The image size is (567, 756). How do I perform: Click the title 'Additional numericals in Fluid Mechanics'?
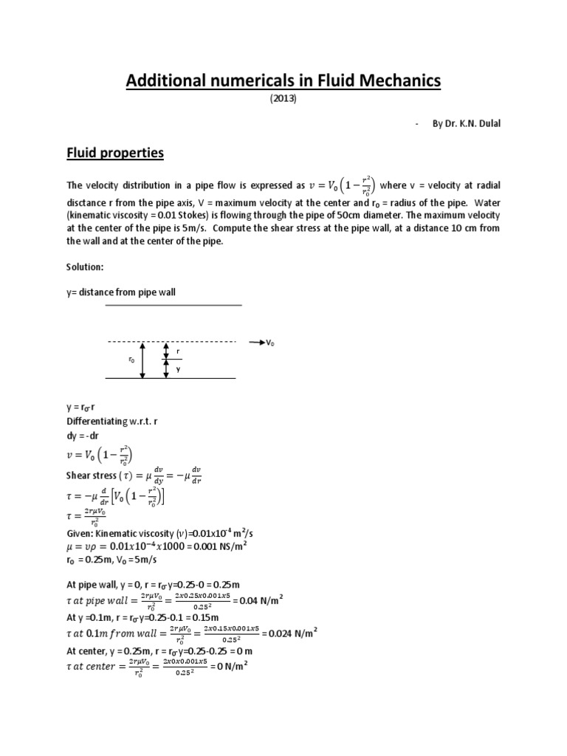point(283,80)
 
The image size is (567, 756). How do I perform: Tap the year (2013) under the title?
point(283,100)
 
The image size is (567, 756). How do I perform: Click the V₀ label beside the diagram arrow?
point(271,343)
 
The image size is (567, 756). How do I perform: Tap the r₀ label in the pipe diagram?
point(131,360)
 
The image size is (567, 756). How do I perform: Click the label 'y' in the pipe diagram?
point(178,369)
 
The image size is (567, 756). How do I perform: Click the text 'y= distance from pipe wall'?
point(121,292)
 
